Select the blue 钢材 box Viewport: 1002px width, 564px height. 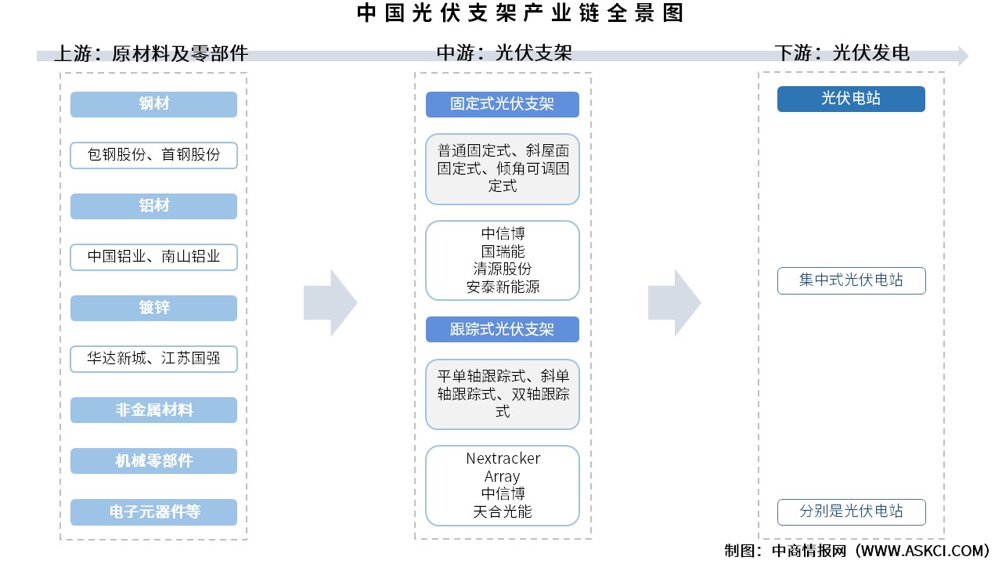153,104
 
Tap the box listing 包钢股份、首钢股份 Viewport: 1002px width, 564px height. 153,155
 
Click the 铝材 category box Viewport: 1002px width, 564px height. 153,206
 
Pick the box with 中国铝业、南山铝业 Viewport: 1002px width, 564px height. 153,257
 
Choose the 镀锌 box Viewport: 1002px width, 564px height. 153,308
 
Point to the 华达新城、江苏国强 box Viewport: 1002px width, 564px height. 153,359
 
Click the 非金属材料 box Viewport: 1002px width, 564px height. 153,410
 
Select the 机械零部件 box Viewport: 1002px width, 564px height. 153,461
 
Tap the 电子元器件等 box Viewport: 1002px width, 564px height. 153,512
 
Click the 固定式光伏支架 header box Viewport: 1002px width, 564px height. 502,104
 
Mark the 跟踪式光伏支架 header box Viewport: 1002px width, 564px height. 502,330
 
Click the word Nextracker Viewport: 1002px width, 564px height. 503,458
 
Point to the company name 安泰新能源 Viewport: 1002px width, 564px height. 503,287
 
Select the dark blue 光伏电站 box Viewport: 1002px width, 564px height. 851,99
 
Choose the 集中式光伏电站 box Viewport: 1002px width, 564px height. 851,280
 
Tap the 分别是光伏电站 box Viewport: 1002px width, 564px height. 851,512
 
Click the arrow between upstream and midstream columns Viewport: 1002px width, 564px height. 330,302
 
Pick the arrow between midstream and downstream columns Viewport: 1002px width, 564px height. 674,302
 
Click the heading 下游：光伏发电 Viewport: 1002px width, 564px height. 842,53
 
